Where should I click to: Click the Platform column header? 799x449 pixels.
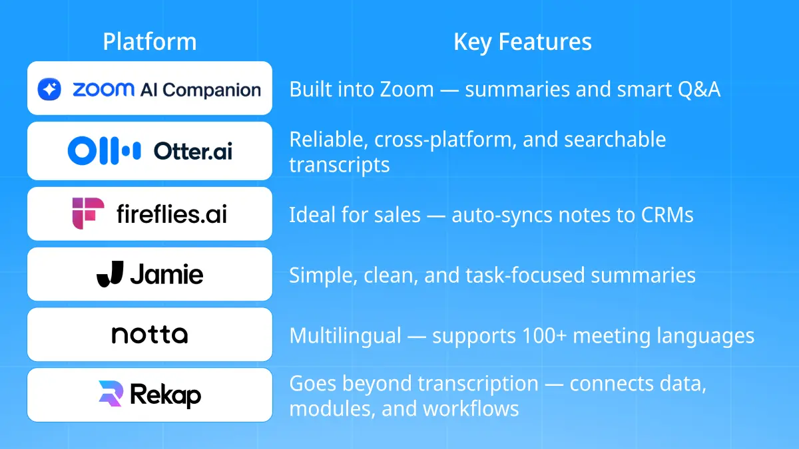tap(150, 42)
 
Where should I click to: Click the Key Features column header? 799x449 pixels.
tap(523, 42)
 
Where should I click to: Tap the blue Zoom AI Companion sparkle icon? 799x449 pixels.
tap(49, 89)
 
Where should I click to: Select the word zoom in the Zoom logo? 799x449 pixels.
tap(103, 89)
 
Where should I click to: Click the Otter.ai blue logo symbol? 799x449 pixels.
tap(104, 151)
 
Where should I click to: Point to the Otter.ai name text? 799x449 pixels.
tap(193, 151)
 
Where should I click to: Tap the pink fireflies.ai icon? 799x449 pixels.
tap(88, 213)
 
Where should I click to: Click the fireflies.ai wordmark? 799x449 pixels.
tap(171, 214)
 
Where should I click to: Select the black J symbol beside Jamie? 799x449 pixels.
tap(109, 274)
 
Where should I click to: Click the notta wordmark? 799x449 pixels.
tap(150, 335)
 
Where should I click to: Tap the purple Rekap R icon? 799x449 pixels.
tap(110, 394)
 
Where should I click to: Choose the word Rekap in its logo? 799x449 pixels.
tap(166, 395)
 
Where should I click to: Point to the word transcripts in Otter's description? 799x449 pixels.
tap(339, 164)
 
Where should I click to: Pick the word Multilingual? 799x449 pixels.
tap(345, 336)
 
